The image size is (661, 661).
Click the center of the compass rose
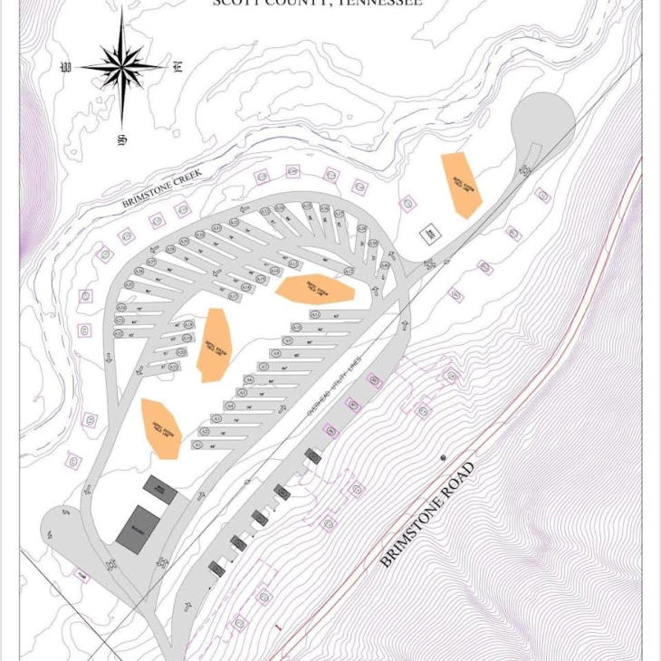click(121, 65)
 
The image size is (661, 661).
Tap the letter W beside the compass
click(65, 67)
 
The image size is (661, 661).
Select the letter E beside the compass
click(178, 66)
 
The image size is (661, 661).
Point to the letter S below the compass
click(120, 140)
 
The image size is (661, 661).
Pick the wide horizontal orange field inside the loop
click(314, 289)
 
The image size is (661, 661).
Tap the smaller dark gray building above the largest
click(161, 490)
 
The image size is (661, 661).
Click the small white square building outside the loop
click(429, 234)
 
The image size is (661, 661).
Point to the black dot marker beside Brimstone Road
click(443, 458)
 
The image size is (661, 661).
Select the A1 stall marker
click(198, 445)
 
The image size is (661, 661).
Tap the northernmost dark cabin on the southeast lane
click(312, 455)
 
